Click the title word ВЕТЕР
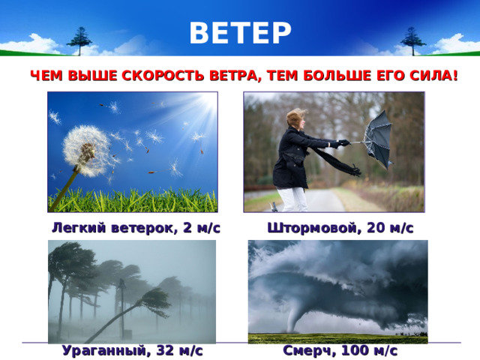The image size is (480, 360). (x=240, y=32)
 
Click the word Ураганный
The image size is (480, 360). (x=103, y=349)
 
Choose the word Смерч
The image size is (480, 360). (x=305, y=349)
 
